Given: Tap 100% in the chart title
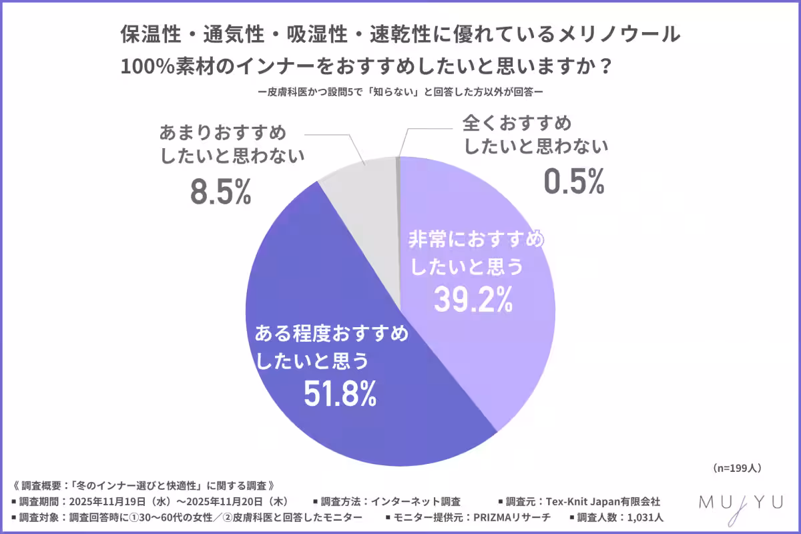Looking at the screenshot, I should tap(145, 67).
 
